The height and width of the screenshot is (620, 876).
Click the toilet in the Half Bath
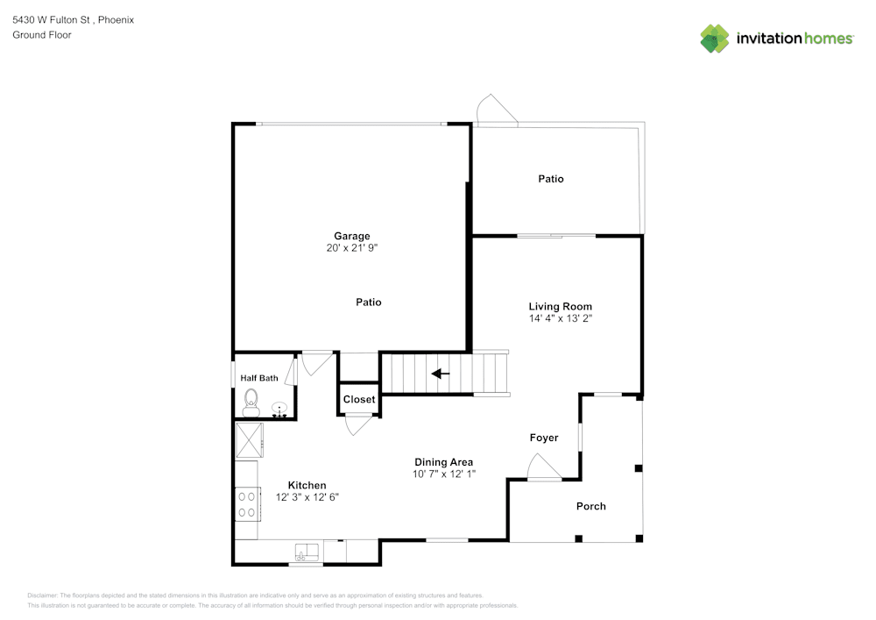[x=251, y=403]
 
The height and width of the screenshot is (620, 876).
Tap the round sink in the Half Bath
[x=279, y=409]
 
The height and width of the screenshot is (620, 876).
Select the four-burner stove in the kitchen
[x=247, y=503]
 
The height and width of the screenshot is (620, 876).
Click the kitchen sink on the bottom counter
[x=307, y=552]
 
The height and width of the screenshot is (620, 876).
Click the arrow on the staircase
[x=441, y=374]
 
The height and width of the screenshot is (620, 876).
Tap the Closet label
[x=359, y=399]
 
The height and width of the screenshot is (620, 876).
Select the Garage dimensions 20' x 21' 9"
[x=351, y=248]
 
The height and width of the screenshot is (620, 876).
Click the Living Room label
[x=561, y=306]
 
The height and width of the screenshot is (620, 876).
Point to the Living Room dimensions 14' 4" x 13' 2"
[x=561, y=318]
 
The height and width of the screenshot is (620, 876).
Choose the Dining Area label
[x=443, y=462]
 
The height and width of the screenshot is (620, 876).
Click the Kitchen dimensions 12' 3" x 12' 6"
[x=307, y=496]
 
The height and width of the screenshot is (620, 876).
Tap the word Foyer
[x=543, y=438]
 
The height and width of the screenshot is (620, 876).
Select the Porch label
[x=590, y=506]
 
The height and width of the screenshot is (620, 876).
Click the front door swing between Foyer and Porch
[x=541, y=467]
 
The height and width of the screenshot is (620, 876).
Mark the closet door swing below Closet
[x=358, y=424]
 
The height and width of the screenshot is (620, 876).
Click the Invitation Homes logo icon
[x=715, y=38]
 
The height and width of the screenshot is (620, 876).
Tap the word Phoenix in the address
[x=116, y=19]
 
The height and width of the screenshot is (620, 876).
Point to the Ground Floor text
[x=42, y=35]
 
